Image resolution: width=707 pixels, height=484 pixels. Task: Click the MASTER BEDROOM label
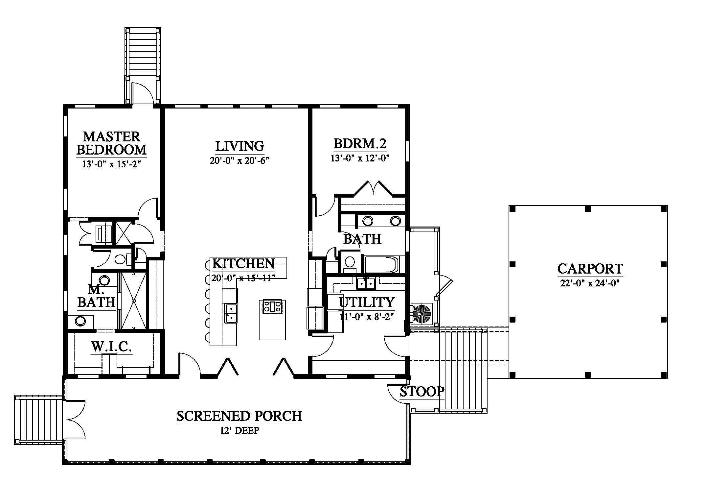[111, 143]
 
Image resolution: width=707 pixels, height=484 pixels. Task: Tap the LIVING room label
[239, 146]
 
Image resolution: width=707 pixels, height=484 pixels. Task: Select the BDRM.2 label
[360, 144]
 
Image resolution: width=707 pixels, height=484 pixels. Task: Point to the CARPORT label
[590, 269]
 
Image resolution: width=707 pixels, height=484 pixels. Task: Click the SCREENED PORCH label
[239, 416]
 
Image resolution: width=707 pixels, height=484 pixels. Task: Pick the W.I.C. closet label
[111, 347]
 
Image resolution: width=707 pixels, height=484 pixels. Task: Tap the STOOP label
[422, 392]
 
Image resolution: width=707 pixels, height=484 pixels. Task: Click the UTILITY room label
[366, 302]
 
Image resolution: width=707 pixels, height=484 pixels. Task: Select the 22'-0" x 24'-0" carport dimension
[590, 283]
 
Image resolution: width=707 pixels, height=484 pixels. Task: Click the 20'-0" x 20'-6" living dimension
[239, 160]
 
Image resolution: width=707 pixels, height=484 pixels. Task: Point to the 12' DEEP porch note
[239, 430]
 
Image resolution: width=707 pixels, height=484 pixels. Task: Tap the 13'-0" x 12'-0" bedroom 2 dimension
[360, 158]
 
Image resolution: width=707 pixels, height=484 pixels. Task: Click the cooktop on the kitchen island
[272, 307]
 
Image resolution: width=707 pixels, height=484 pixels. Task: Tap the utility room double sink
[366, 283]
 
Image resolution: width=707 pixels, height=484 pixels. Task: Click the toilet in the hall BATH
[350, 264]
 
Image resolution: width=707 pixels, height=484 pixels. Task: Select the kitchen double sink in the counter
[231, 313]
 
